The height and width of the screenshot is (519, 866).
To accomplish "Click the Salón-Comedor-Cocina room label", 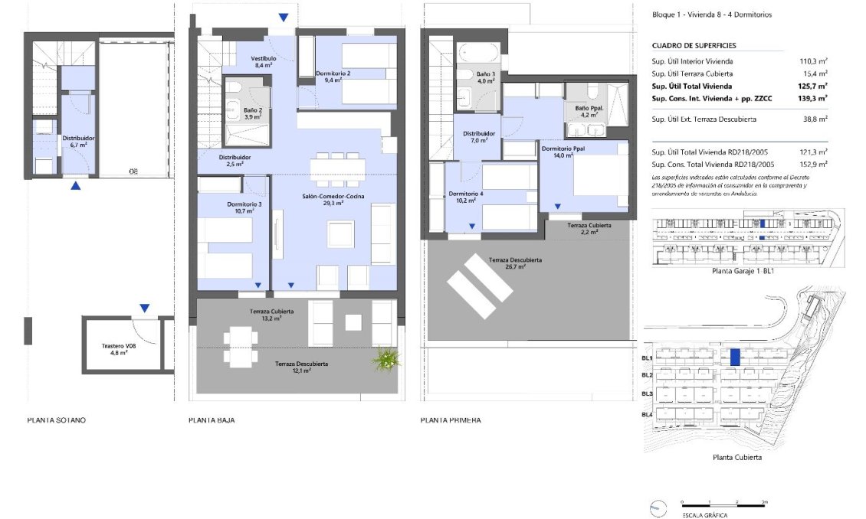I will pos(333,201).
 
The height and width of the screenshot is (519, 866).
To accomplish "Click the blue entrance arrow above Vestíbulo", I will pos(284,18).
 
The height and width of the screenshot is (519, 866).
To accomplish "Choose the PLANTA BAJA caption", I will pos(212,420).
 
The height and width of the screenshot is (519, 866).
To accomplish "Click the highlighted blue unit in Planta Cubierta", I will pos(734,357).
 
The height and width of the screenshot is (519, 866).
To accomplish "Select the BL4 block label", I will pos(647,414).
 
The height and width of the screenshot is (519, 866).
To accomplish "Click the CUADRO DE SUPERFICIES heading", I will pos(694,45).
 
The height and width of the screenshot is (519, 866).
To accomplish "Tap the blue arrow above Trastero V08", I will pos(144,308).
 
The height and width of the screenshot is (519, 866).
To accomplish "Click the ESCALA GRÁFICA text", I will pos(704,514).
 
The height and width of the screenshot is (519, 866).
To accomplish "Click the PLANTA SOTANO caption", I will pos(57,420).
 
